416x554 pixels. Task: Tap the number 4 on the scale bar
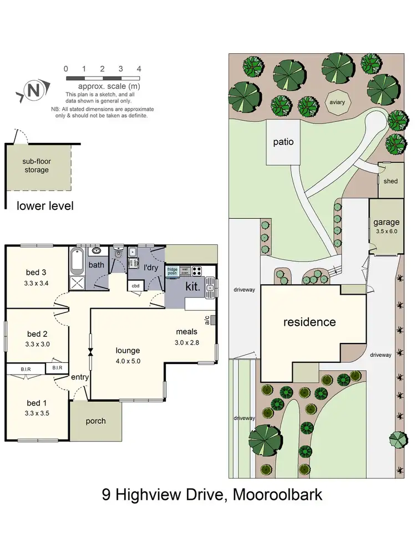coord(139,69)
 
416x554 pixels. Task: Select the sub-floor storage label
coord(36,166)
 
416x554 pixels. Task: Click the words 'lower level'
coord(45,206)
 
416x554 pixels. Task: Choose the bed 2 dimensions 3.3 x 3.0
coord(37,343)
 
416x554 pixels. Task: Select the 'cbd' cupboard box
coord(136,286)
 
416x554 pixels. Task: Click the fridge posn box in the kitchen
coord(173,271)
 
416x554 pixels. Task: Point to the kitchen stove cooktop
coord(197,271)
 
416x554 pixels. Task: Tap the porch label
coord(95,420)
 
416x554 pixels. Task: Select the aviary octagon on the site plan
coord(337,102)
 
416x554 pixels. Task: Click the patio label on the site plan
coord(283,142)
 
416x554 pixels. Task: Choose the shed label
coord(392,180)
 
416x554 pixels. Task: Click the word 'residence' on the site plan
coord(310,322)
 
